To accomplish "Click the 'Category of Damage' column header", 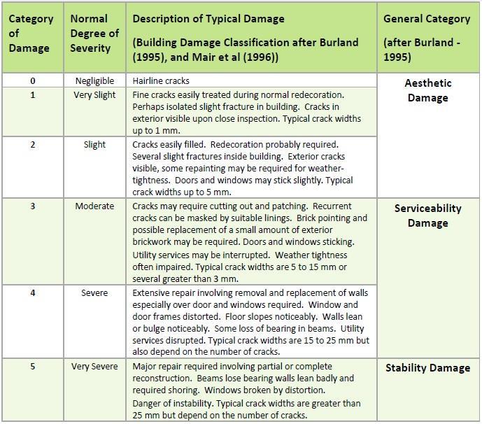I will click(30, 34).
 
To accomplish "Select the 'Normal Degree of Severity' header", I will click(94, 34).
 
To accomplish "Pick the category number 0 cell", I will click(33, 81).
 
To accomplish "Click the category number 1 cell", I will click(33, 94).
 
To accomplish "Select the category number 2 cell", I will click(33, 145).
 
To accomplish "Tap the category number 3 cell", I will click(33, 206).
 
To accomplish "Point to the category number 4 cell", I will click(33, 292).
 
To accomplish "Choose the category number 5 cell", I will click(33, 367).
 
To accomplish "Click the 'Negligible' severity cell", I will click(94, 81).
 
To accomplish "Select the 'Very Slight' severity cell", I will click(94, 94).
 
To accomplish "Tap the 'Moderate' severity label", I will click(94, 206).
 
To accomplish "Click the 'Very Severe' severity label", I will click(94, 367).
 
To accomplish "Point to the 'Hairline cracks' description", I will click(161, 81).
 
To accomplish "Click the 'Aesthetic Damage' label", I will click(427, 90).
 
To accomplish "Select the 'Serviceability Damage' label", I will click(427, 215).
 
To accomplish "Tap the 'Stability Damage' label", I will click(427, 367).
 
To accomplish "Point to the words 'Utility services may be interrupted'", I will click(201, 255).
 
